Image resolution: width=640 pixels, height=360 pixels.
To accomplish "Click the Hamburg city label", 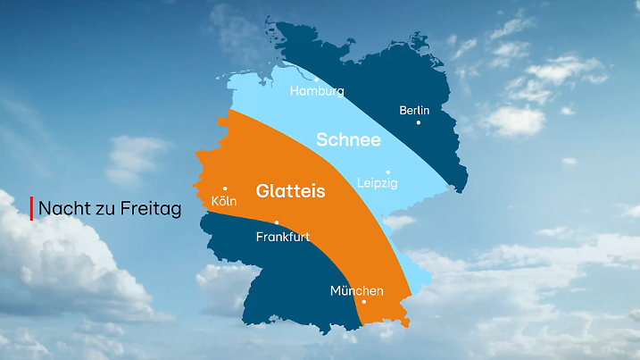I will (x=317, y=91).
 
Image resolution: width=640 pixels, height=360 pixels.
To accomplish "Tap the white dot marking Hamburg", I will (x=315, y=79).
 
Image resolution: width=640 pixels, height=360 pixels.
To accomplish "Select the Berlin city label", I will (x=414, y=110).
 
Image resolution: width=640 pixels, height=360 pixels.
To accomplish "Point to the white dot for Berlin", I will (x=418, y=122).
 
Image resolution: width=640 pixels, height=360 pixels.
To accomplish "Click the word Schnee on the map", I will (x=348, y=140).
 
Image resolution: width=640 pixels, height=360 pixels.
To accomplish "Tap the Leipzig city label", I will (x=377, y=183).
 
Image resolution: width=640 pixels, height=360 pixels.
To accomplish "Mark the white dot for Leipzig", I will (x=387, y=172).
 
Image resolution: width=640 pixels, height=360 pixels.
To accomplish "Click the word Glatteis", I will (x=290, y=191).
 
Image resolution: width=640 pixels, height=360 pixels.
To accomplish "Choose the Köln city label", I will (x=223, y=201).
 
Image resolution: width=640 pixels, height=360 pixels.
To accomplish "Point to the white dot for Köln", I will (x=225, y=188).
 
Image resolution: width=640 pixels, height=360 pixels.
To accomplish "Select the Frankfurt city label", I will (x=282, y=237).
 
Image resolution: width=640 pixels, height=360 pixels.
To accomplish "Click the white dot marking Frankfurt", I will (x=277, y=222).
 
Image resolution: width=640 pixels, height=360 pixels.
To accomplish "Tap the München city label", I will (x=356, y=291).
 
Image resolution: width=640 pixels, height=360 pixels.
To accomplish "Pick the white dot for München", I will (x=364, y=302).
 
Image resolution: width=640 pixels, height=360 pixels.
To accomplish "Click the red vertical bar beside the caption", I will (x=32, y=208).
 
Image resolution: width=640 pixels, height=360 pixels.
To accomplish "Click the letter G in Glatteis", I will (x=262, y=191).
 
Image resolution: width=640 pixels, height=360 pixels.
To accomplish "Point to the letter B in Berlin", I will (x=403, y=110).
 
